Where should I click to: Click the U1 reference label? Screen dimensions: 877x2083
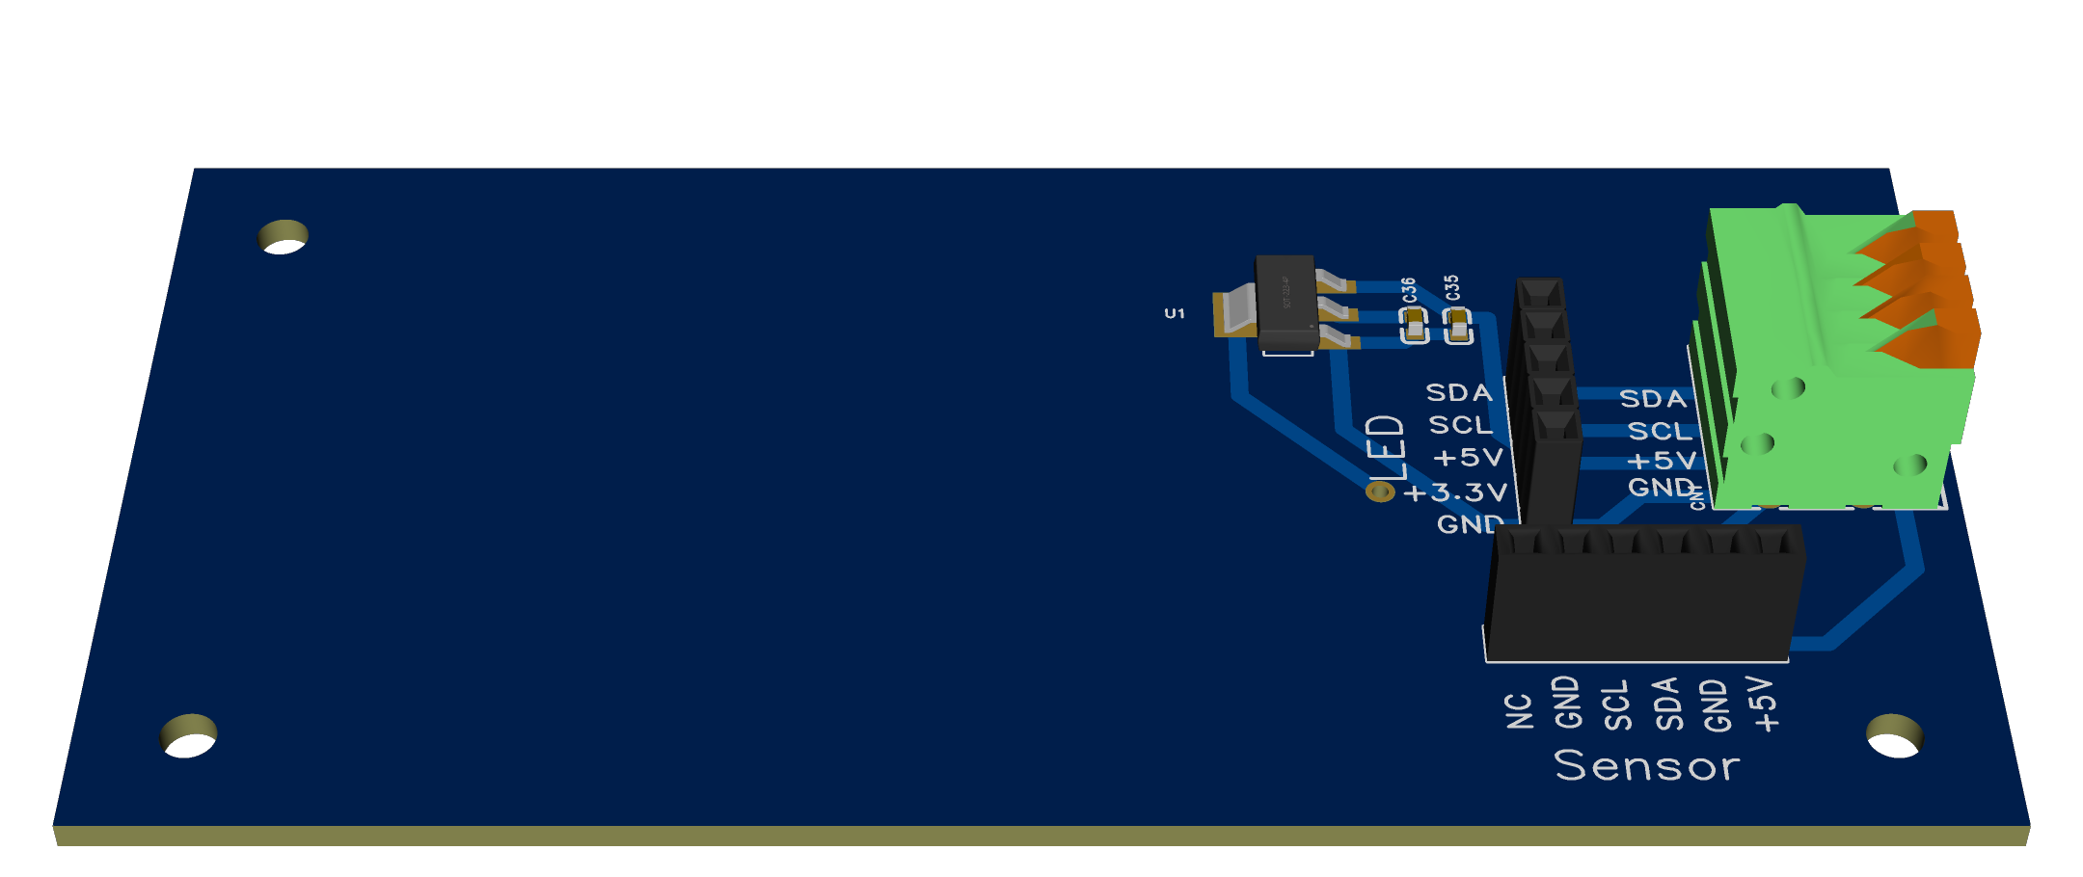click(x=1174, y=313)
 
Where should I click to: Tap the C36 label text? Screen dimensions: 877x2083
click(x=1409, y=290)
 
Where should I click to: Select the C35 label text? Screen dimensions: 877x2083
click(x=1452, y=288)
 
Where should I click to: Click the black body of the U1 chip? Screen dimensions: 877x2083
click(x=1286, y=301)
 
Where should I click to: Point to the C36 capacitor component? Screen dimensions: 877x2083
click(x=1415, y=326)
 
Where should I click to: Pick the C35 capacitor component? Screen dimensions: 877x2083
click(x=1458, y=326)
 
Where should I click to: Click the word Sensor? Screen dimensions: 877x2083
click(x=1647, y=766)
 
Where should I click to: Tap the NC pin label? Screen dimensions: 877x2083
click(x=1519, y=711)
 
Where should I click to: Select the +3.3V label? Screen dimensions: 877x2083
click(x=1455, y=492)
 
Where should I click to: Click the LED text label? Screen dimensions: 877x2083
click(x=1387, y=447)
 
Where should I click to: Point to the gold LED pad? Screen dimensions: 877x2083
click(x=1381, y=492)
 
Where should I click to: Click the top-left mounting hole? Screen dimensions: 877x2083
click(x=284, y=236)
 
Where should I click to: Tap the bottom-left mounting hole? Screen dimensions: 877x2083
click(x=189, y=735)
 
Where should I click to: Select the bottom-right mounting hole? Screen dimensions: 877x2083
click(x=1894, y=735)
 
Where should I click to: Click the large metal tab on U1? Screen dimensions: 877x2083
click(x=1234, y=312)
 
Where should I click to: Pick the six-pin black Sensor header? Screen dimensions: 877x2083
click(x=1643, y=593)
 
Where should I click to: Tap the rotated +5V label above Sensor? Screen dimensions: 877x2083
click(x=1764, y=704)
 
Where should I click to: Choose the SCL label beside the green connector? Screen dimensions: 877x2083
click(x=1660, y=431)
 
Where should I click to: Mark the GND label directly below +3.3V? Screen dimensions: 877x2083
click(x=1470, y=524)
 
